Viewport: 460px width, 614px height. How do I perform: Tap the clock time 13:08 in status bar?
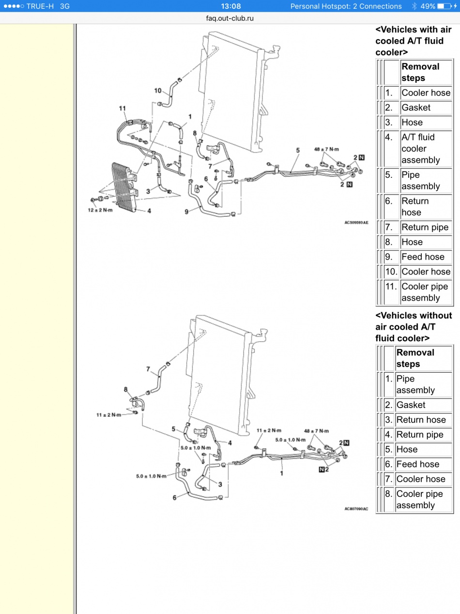pos(230,6)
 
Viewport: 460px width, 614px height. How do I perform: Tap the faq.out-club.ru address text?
pos(230,18)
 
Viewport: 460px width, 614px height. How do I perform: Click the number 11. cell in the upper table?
pos(391,286)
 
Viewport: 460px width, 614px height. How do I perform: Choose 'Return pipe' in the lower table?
pos(420,435)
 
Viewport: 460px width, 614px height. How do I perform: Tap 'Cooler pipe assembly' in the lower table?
pos(419,500)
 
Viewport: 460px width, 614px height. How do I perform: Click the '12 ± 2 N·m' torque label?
pos(100,210)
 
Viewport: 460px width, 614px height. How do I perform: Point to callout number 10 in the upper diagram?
pos(158,90)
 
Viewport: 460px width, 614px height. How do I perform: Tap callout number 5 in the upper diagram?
pos(298,151)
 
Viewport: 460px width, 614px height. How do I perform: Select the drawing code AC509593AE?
pos(356,222)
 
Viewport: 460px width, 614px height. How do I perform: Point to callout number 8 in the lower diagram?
pos(126,389)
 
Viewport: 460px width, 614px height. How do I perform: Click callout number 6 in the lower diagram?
pos(175,497)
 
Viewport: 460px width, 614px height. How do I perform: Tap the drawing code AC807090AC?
pos(356,509)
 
